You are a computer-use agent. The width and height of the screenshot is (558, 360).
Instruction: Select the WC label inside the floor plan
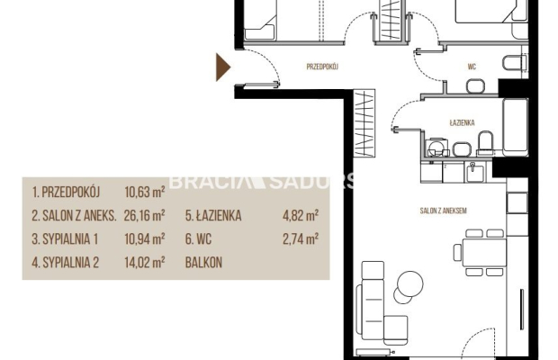472,65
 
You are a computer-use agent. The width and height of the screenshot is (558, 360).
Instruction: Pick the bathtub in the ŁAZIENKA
515,126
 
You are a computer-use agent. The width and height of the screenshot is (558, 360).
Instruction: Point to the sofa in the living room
370,309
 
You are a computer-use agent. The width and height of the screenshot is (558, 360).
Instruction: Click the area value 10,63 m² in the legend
144,192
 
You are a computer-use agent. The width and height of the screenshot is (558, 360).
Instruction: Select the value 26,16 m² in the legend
144,216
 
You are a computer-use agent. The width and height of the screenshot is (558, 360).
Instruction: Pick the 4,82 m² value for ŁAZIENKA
301,216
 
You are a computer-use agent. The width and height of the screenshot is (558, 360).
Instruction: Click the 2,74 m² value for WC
301,239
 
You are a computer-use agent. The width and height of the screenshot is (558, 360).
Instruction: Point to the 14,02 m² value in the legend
144,264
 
